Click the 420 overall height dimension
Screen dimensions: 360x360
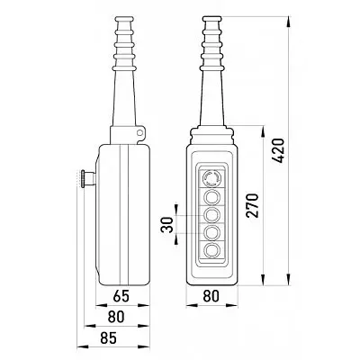tap(277, 150)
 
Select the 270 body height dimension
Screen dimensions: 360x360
tap(252, 206)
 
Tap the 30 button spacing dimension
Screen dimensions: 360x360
tap(167, 225)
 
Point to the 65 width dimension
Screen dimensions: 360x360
tap(121, 296)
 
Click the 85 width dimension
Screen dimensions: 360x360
tap(108, 338)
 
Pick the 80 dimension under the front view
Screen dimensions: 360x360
tap(211, 296)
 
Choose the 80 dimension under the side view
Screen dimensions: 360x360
tap(116, 317)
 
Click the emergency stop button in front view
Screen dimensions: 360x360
tap(212, 178)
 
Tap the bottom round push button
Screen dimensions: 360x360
tap(212, 249)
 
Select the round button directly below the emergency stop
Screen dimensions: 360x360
tap(212, 196)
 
